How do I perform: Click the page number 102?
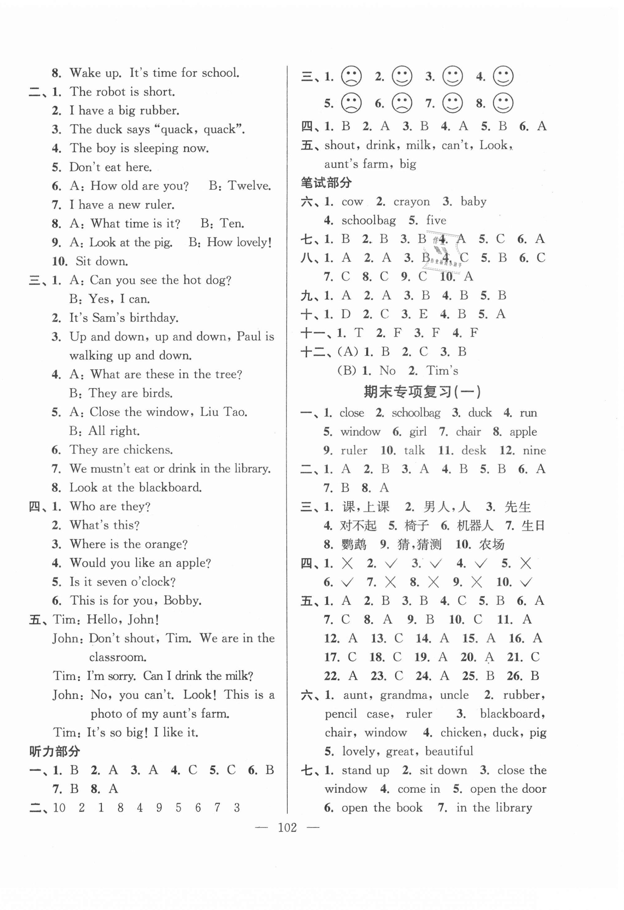287,827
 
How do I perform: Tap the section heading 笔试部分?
326,182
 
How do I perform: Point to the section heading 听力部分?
55,751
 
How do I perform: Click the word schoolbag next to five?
368,220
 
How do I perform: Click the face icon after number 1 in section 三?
351,76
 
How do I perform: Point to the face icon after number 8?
503,103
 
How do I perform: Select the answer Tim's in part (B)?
442,370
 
